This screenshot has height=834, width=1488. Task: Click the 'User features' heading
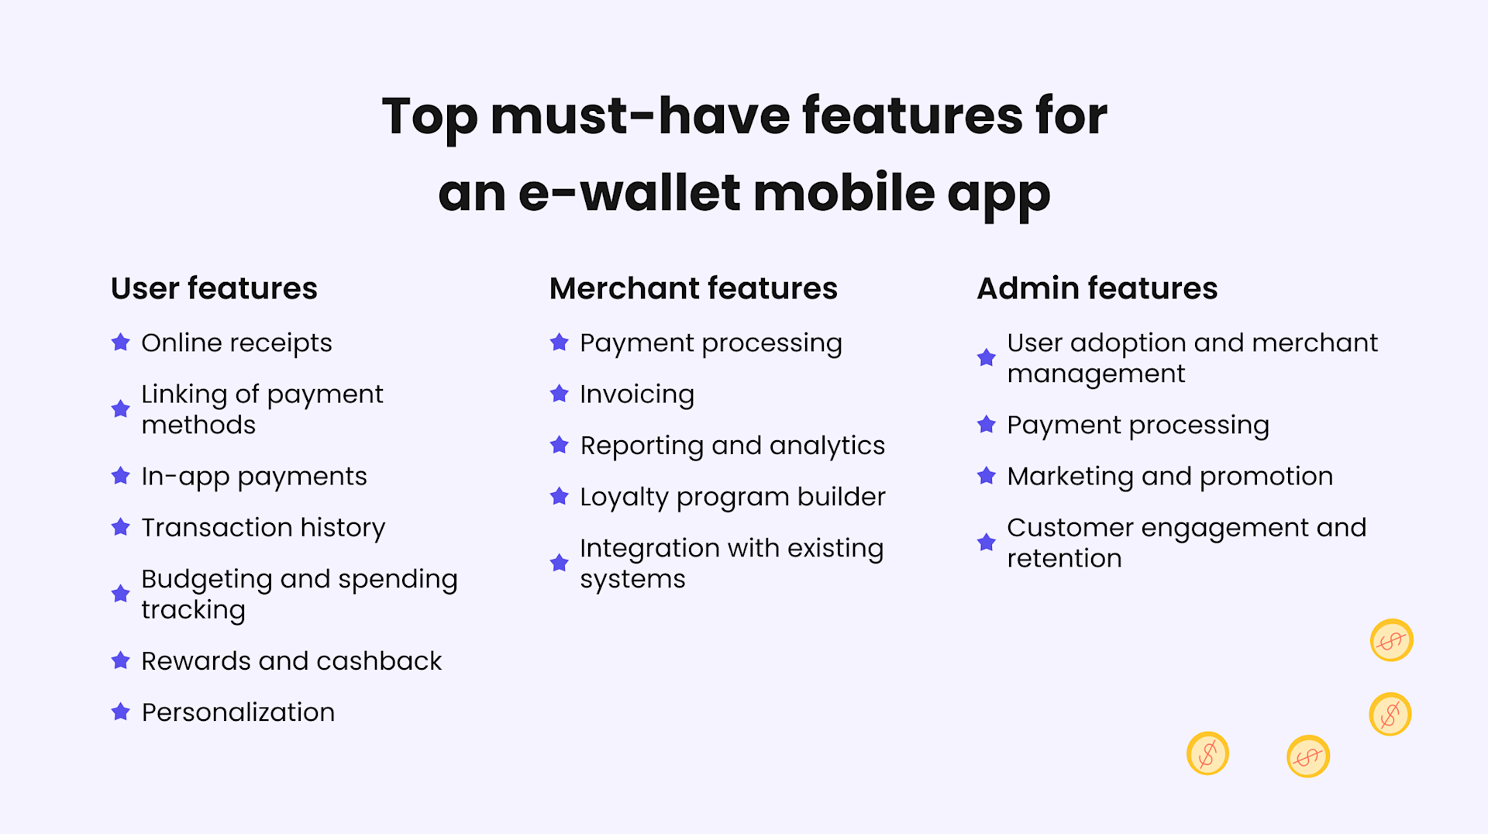coord(214,288)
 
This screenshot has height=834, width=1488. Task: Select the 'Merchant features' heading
coord(693,288)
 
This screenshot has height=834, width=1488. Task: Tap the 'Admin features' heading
coord(1097,288)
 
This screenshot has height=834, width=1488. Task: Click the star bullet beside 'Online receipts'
coord(120,342)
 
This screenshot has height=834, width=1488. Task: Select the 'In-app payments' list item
coord(253,476)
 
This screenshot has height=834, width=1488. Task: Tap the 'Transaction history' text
coord(263,528)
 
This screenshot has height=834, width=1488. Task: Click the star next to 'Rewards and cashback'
coord(120,660)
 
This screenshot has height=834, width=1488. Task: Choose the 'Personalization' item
coord(238,712)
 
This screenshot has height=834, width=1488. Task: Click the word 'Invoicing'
coord(636,395)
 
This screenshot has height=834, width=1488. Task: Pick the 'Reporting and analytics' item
coord(732,446)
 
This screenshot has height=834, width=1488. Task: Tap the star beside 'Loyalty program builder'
coord(559,496)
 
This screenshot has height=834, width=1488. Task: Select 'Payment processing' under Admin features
coord(1137,425)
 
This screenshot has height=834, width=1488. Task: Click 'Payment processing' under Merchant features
coord(710,343)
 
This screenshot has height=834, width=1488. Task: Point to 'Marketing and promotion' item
coord(1169,476)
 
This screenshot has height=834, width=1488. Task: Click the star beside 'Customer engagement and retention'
coord(986,542)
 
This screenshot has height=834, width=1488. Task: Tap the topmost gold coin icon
coord(1391,640)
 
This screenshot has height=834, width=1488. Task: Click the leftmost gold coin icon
coord(1207,753)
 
